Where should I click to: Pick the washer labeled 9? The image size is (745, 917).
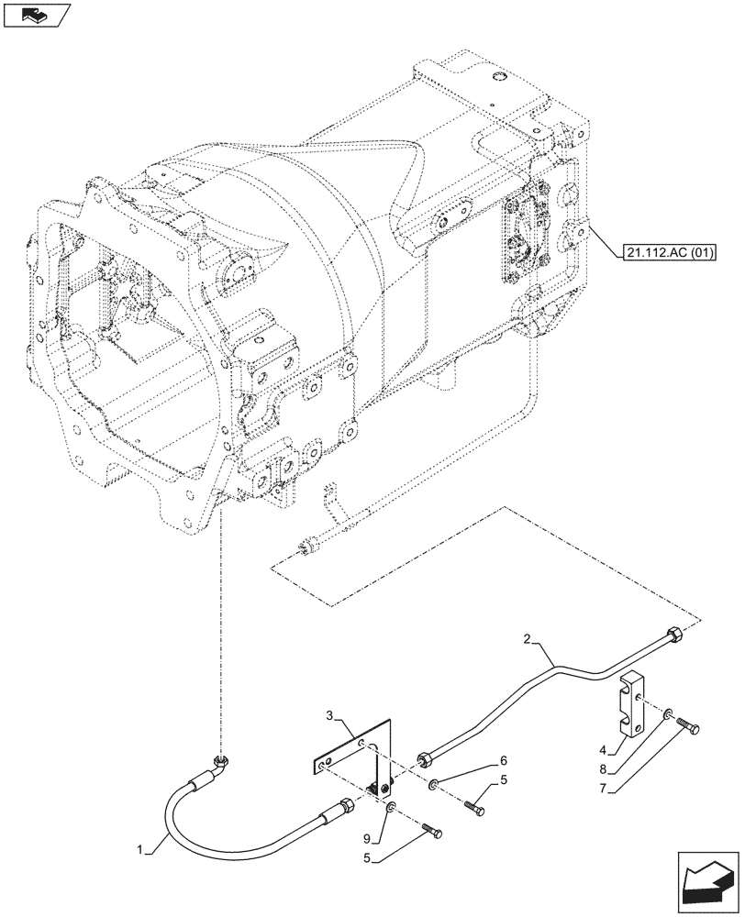point(392,807)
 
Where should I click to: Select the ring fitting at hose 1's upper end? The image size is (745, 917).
point(220,760)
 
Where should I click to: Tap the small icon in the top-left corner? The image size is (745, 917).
point(36,16)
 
